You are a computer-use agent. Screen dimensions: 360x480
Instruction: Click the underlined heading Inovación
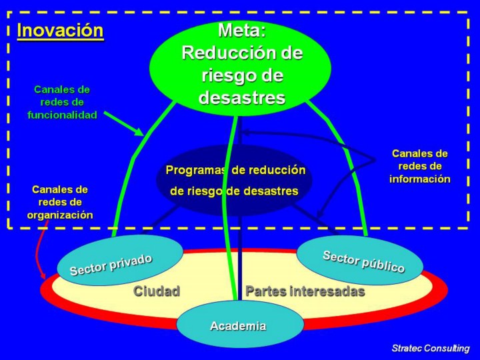pyautogui.click(x=60, y=31)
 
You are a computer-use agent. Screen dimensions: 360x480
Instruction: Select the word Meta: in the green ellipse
pyautogui.click(x=242, y=30)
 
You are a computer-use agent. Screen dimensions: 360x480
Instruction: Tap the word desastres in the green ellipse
pyautogui.click(x=241, y=98)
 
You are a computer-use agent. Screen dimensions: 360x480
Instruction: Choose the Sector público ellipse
pyautogui.click(x=360, y=260)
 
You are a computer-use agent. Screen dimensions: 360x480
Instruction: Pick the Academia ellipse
pyautogui.click(x=237, y=326)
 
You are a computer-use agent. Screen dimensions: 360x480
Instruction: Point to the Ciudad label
pyautogui.click(x=157, y=291)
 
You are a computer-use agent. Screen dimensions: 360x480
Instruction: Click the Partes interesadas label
pyautogui.click(x=305, y=291)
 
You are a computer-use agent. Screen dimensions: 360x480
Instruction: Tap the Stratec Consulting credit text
pyautogui.click(x=430, y=348)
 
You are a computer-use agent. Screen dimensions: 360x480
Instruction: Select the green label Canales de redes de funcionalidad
pyautogui.click(x=62, y=102)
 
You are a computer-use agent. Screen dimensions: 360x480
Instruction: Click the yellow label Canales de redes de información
pyautogui.click(x=419, y=166)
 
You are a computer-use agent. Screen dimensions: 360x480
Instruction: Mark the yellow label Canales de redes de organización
pyautogui.click(x=60, y=202)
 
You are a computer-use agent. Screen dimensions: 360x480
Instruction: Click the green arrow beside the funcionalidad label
pyautogui.click(x=124, y=123)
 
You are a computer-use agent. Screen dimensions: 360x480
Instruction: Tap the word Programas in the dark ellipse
pyautogui.click(x=196, y=170)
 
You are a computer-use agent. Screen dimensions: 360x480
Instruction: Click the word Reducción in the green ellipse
pyautogui.click(x=241, y=53)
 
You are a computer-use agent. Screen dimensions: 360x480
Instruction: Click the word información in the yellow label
pyautogui.click(x=419, y=179)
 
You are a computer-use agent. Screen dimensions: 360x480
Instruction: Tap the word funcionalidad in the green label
pyautogui.click(x=62, y=115)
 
